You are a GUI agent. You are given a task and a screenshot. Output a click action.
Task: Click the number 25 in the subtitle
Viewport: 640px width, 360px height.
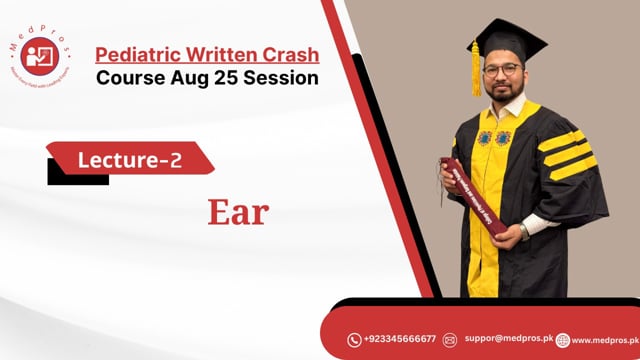[x=215, y=78]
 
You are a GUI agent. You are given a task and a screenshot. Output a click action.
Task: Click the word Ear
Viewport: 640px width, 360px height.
[x=238, y=212]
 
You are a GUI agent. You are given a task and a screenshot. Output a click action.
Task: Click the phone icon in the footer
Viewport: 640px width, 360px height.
[x=354, y=340]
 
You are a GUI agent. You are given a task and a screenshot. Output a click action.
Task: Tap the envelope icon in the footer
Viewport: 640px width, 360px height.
[x=451, y=340]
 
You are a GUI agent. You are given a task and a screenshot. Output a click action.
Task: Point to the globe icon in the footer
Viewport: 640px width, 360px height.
[x=563, y=340]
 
